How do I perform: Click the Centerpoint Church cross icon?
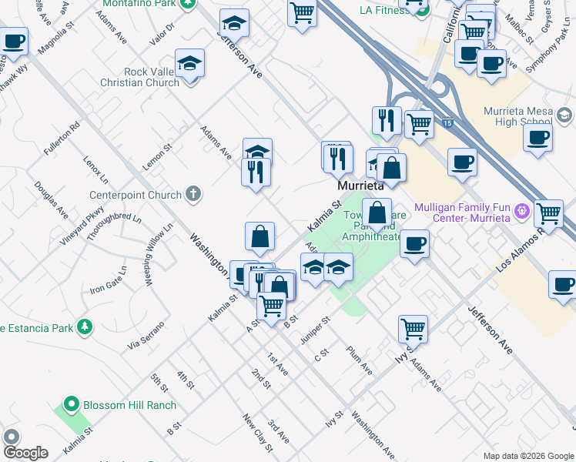pos(193,195)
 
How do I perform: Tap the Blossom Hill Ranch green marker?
pos(72,404)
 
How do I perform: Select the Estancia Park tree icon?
pos(84,327)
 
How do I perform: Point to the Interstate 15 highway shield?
pos(447,122)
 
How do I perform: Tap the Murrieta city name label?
pos(360,186)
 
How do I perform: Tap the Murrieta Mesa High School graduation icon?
pos(564,115)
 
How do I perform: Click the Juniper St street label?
pos(316,325)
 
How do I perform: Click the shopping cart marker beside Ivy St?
pos(413,329)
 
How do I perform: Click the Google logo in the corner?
pos(25,453)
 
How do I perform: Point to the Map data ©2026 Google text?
pos(527,456)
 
